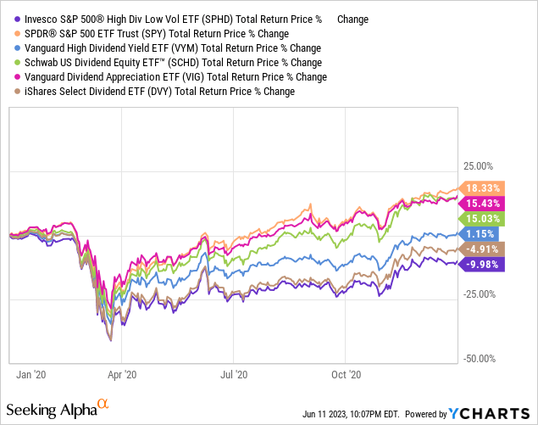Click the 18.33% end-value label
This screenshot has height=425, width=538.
(x=481, y=188)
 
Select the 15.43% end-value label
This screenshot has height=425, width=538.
(x=481, y=203)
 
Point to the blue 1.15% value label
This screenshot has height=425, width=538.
(x=480, y=233)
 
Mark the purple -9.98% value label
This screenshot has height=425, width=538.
(x=480, y=265)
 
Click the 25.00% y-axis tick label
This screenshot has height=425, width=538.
(x=480, y=167)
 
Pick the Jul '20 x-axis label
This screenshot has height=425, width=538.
(x=234, y=373)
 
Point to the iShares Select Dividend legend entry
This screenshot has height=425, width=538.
(x=114, y=91)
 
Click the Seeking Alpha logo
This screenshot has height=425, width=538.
(x=58, y=409)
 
